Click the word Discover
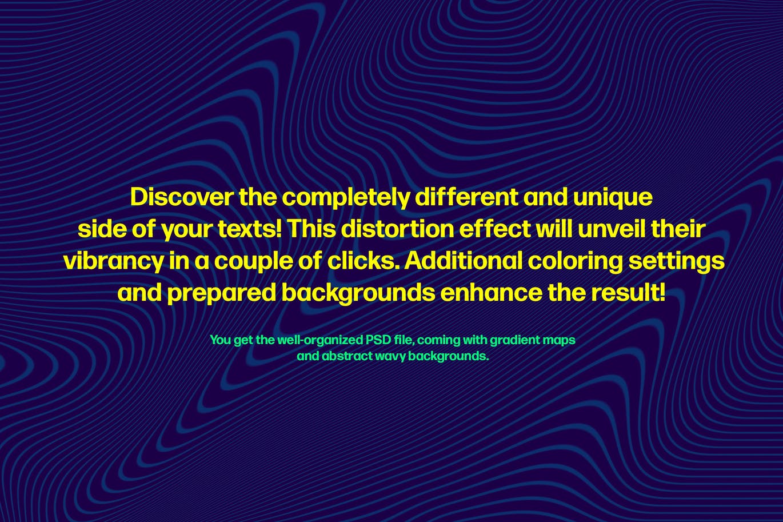click(181, 197)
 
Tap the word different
click(466, 197)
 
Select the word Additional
click(463, 261)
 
